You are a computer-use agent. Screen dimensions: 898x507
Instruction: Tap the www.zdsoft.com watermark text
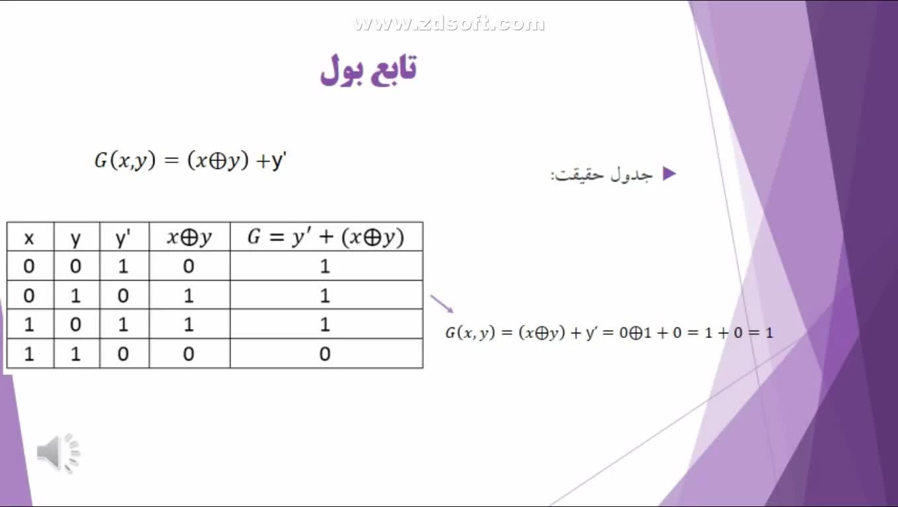click(x=449, y=23)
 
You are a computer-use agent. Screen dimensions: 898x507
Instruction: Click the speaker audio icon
click(x=59, y=453)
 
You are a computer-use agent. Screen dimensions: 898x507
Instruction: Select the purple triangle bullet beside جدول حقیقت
click(x=669, y=174)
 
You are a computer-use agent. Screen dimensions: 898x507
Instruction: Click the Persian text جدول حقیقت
click(x=602, y=175)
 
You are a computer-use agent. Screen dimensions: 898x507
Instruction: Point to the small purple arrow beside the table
click(x=442, y=304)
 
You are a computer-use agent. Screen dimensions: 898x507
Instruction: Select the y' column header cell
click(x=124, y=237)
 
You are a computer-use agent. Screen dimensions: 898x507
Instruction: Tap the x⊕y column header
click(x=190, y=237)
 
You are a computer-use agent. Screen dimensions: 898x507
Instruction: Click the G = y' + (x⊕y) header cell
click(x=326, y=237)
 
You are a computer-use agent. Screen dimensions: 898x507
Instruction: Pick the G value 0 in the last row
click(x=325, y=354)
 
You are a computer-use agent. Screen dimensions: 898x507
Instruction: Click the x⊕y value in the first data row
click(x=188, y=266)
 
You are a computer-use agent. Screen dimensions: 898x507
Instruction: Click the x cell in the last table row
click(x=29, y=354)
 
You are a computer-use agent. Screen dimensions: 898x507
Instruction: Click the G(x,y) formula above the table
click(x=190, y=160)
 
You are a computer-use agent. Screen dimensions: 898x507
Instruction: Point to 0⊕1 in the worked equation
click(x=635, y=333)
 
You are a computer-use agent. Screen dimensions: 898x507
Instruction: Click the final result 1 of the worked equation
click(x=769, y=333)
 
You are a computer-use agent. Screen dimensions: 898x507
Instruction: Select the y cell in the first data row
click(x=76, y=266)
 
